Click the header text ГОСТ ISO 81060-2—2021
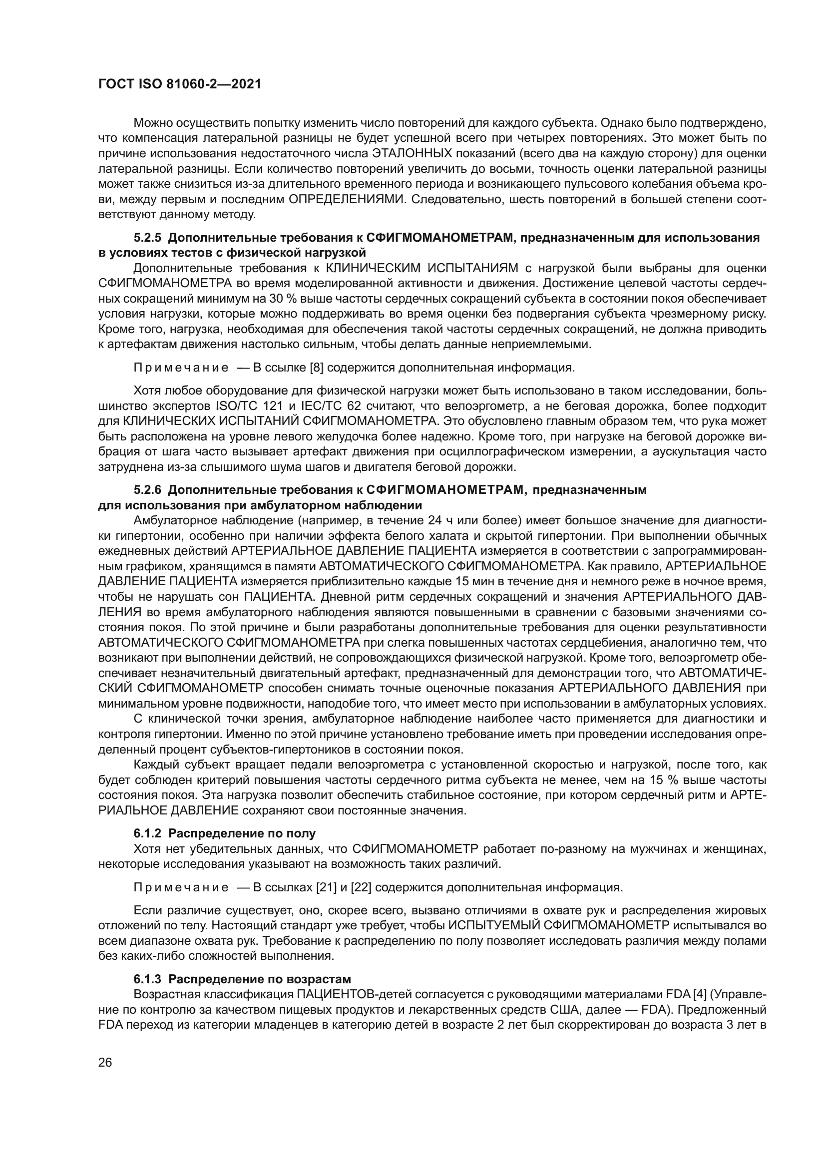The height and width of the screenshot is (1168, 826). [x=180, y=84]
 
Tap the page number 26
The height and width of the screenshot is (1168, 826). [x=105, y=1062]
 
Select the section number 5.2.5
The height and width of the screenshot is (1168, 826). [x=147, y=238]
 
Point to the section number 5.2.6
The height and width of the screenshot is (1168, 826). [x=147, y=490]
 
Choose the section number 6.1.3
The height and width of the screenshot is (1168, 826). [x=147, y=979]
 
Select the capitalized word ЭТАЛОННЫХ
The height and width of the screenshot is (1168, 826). [x=413, y=154]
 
